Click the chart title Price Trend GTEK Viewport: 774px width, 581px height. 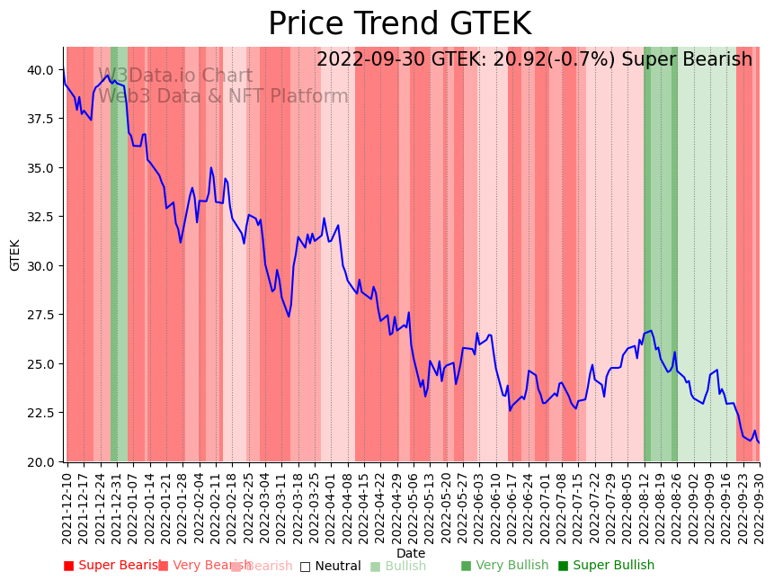point(399,24)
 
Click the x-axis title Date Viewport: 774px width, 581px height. point(411,553)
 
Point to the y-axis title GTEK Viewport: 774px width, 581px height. point(15,255)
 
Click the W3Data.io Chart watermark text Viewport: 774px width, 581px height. point(175,76)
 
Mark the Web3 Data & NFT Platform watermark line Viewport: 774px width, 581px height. point(223,97)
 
